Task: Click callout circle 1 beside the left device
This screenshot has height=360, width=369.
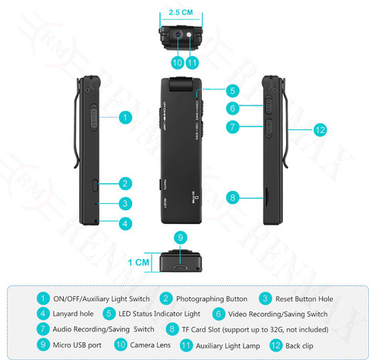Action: click(124, 118)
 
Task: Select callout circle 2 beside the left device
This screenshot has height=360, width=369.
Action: click(124, 184)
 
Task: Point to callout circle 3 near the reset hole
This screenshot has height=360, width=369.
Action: click(124, 204)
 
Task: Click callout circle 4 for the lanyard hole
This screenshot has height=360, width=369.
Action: click(124, 224)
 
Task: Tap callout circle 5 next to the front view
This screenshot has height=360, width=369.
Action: click(233, 90)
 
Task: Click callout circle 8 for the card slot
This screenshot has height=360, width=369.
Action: click(233, 198)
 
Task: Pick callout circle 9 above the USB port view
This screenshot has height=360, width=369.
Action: click(180, 237)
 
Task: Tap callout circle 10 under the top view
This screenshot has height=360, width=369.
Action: click(177, 62)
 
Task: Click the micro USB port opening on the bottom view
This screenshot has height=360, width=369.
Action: click(180, 269)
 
